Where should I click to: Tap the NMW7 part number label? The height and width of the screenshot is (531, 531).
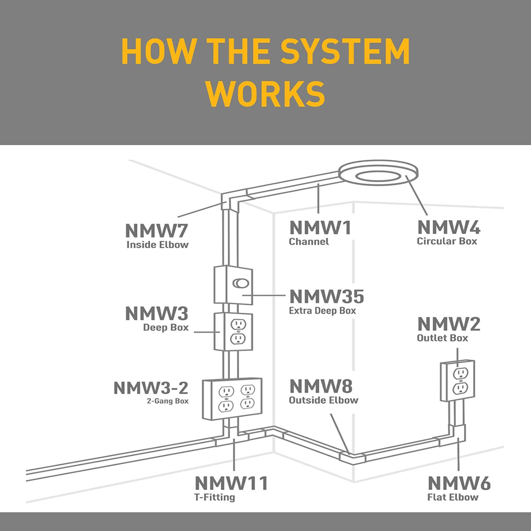[157, 231]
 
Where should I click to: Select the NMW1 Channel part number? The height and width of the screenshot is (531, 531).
[321, 228]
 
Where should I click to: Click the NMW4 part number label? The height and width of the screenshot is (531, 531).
[449, 228]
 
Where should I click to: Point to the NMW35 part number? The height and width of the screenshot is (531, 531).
[326, 296]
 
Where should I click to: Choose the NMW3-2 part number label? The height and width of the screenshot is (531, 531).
[151, 387]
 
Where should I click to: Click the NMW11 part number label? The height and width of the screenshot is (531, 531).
[232, 483]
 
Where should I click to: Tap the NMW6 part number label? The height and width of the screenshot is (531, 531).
[459, 483]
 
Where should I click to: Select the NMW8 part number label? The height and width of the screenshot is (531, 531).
[321, 386]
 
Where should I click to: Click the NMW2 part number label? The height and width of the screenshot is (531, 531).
[449, 324]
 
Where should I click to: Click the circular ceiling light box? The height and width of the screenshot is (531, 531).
[379, 176]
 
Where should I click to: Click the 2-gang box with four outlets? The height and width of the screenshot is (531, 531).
[233, 398]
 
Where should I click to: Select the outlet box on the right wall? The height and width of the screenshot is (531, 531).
[458, 381]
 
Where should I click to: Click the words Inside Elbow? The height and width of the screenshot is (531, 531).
[157, 244]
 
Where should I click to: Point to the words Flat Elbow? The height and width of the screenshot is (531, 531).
[453, 497]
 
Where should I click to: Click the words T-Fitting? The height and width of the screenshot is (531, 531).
[215, 497]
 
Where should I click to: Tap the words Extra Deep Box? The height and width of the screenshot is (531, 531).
[323, 311]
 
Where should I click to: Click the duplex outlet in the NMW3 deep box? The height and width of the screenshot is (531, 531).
[238, 331]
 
